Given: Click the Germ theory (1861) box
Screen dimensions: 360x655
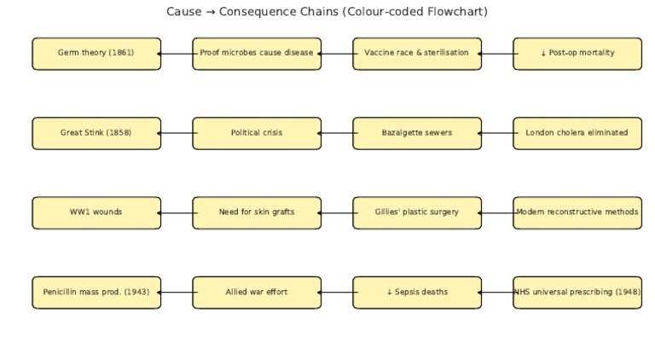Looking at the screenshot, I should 96,53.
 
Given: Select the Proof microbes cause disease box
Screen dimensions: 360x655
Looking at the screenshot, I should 257,53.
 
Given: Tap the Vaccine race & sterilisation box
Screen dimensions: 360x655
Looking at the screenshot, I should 417,53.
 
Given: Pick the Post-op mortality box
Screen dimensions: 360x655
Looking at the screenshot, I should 577,53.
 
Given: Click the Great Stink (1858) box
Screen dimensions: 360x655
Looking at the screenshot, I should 96,133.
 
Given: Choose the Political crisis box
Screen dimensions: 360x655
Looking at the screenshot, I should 257,133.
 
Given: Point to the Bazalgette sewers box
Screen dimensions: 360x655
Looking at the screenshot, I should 417,133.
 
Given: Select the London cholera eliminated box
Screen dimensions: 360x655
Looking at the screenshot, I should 577,133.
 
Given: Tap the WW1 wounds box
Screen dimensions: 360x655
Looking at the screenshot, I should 96,212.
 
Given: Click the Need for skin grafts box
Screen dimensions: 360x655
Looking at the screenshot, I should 257,212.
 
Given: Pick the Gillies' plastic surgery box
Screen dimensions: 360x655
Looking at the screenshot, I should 417,212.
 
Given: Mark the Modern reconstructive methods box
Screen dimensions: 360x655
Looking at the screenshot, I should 577,212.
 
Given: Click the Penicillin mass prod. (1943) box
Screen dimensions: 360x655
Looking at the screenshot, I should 96,292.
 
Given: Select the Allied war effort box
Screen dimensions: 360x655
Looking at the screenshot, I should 257,292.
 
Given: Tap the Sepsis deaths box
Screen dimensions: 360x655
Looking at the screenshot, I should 417,292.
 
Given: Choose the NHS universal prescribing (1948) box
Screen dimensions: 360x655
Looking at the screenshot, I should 577,292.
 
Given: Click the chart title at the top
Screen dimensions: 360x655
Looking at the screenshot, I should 327,12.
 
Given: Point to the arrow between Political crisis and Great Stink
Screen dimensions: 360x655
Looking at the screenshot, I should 177,133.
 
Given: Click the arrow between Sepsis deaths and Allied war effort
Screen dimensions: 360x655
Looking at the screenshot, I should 337,292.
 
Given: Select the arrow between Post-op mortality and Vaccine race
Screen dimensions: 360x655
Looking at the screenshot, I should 497,53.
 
